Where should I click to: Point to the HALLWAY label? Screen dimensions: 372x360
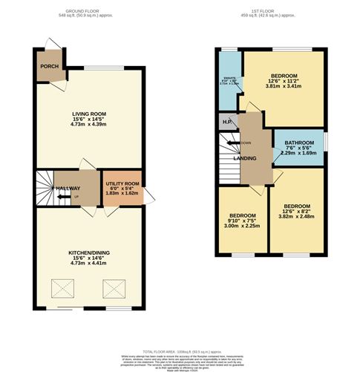tap(68, 189)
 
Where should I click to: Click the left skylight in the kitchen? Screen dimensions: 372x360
tap(59, 287)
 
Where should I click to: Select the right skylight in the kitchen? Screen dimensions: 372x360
tap(114, 287)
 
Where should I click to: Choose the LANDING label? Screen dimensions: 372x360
tap(245, 157)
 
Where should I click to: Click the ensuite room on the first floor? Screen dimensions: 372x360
tap(230, 82)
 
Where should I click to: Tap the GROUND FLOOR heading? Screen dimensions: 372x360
tap(88, 12)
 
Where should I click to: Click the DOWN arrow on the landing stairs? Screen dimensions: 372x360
tap(239, 143)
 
